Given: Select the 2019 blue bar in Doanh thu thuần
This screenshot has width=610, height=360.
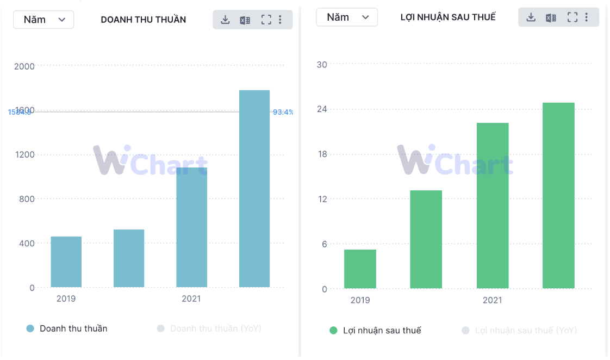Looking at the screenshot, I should [x=66, y=262].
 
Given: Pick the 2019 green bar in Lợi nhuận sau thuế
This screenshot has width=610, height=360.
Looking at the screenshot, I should [x=360, y=269].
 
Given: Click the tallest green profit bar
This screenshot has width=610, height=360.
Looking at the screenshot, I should [x=558, y=195].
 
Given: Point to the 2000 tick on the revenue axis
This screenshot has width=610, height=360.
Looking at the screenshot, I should [x=24, y=66].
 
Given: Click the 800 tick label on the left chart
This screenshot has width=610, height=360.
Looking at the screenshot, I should [x=27, y=199].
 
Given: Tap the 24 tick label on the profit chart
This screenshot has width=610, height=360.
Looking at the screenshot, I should [x=322, y=109].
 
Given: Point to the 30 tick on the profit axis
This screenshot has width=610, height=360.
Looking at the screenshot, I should [x=322, y=65].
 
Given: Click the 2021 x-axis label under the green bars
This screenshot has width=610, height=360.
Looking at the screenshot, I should [x=493, y=300].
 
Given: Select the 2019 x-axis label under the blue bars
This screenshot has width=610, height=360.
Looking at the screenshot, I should [x=66, y=299].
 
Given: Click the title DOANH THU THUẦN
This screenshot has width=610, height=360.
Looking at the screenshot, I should [x=144, y=20].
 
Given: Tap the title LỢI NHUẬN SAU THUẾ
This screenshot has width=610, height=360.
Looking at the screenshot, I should [x=448, y=17].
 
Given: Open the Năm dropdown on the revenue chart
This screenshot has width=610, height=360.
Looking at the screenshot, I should [x=43, y=20].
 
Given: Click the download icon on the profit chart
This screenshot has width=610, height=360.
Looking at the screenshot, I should [x=531, y=17].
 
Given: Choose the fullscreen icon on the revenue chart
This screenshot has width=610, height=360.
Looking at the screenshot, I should [x=266, y=20].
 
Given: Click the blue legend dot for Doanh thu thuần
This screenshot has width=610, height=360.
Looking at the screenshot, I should [x=30, y=328].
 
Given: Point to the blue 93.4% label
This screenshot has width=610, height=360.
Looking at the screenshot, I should [x=283, y=112].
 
